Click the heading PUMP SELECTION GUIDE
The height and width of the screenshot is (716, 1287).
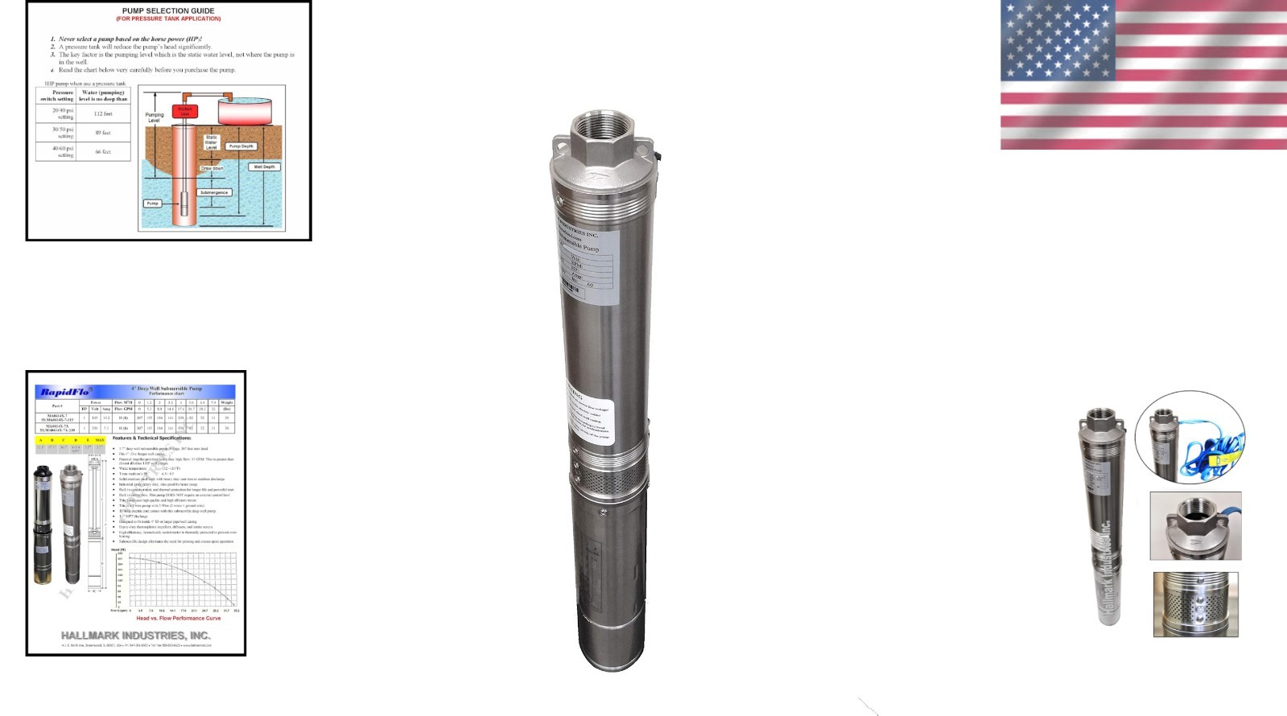tap(168, 11)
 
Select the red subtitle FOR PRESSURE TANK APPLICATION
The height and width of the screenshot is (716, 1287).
tap(168, 19)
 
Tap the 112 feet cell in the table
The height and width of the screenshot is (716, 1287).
tap(103, 113)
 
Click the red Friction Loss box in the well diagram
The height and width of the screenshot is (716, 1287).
tap(184, 112)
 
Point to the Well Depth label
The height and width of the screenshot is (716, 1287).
tap(264, 167)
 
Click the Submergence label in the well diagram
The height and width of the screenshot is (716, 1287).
tap(214, 192)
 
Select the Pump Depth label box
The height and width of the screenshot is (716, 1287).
tap(241, 146)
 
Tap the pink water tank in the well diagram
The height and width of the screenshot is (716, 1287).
tap(244, 111)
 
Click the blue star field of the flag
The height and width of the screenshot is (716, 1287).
tap(1057, 40)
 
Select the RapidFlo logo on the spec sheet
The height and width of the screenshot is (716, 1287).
tap(65, 392)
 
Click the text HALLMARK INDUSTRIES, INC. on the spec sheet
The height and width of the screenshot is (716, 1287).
tap(136, 636)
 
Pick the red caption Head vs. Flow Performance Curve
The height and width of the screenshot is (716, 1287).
tap(178, 618)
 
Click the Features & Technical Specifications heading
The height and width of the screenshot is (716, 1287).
tap(151, 438)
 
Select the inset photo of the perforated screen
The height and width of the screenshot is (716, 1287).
tap(1195, 604)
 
